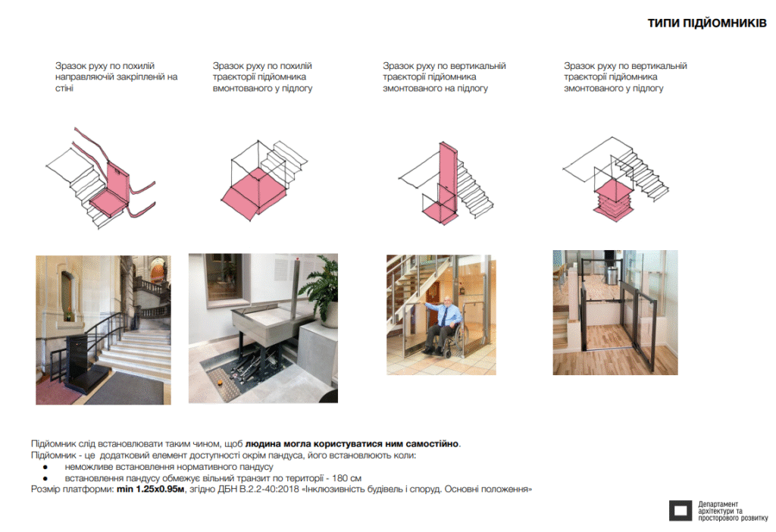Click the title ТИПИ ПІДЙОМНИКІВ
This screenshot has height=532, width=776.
point(707,23)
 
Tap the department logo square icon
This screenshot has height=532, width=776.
point(681,510)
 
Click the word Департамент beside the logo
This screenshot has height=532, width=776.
point(718,504)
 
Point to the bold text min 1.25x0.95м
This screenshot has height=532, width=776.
point(151,489)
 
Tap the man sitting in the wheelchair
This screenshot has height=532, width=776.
point(442,324)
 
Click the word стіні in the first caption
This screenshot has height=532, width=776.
point(64,88)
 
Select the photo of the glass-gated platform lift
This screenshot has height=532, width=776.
point(615,312)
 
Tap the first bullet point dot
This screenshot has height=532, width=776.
point(45,467)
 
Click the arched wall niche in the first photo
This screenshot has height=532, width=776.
point(67,296)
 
